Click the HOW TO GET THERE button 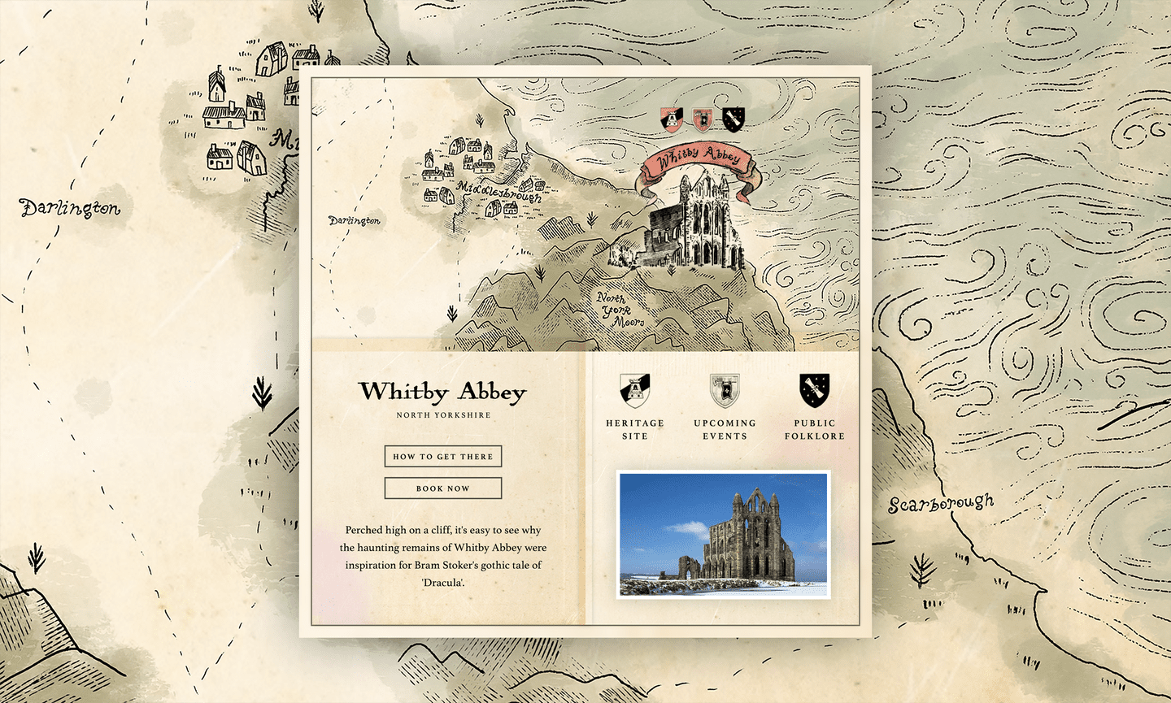tap(443, 457)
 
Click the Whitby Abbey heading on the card tap(443, 392)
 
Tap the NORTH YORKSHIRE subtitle tap(443, 415)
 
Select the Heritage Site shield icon tap(634, 391)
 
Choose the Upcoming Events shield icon tap(725, 391)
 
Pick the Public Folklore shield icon tap(814, 391)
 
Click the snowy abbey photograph tap(724, 535)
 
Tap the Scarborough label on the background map tap(941, 504)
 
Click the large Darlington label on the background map tap(70, 209)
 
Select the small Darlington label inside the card tap(355, 220)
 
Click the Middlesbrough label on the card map tap(498, 192)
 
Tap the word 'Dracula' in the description tap(443, 583)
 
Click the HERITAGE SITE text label tap(634, 430)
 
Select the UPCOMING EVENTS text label tap(725, 430)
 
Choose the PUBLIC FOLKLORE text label tap(814, 430)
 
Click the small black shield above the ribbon tap(734, 119)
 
